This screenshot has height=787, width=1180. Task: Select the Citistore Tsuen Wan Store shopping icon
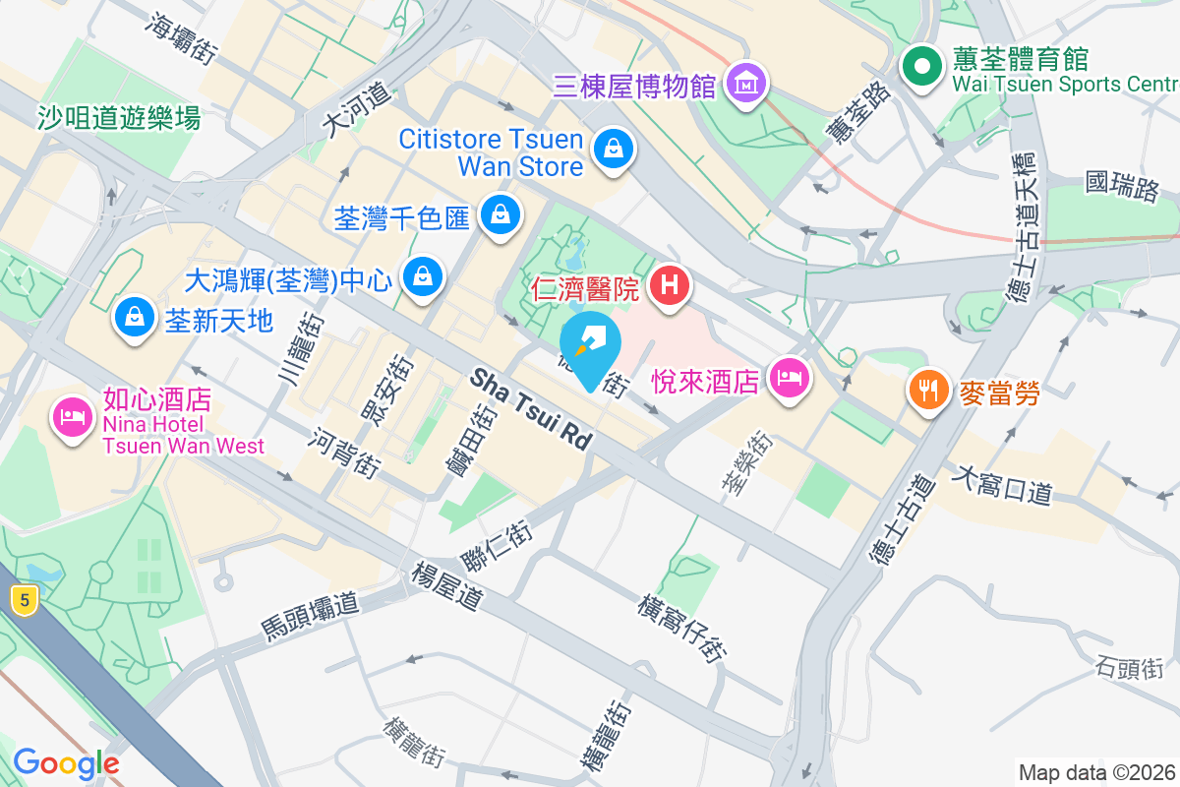click(614, 151)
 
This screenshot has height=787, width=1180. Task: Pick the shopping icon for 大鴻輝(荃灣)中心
click(423, 278)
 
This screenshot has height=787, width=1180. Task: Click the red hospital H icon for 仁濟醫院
click(670, 288)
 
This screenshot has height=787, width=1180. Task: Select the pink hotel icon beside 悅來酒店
click(789, 378)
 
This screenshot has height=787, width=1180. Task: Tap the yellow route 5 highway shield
click(26, 599)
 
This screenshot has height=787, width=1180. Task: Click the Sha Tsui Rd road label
click(532, 409)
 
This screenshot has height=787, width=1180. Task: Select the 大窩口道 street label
click(1003, 485)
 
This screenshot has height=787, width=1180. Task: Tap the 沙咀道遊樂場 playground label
click(119, 118)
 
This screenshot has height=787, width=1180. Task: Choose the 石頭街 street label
click(1129, 669)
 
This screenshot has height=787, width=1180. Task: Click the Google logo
click(65, 763)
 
